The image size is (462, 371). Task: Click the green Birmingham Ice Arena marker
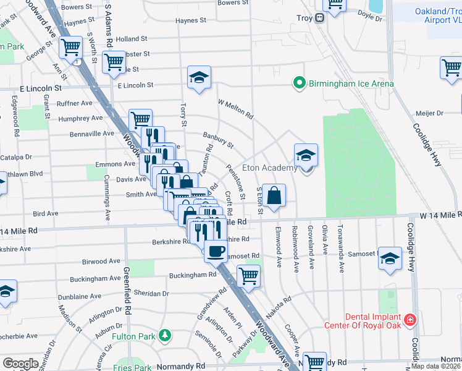coord(300,82)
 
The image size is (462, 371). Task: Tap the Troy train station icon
coord(320,18)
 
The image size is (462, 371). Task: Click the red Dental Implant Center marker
coord(410,320)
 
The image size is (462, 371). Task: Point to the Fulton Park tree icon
coord(164,336)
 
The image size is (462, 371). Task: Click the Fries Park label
coord(132,367)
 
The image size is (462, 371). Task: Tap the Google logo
coord(20,364)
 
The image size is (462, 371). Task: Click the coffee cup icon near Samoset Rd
coord(216,250)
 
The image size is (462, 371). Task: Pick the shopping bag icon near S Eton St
coord(274,195)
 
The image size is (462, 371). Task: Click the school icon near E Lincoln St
coord(199,77)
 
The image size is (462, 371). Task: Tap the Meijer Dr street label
coord(432,113)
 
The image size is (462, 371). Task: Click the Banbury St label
coord(218,140)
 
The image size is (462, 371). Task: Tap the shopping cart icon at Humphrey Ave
coord(141,119)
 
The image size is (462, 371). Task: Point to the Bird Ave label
coord(45,213)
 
